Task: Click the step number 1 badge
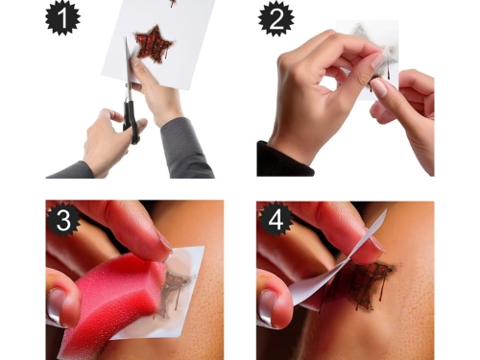(62, 17)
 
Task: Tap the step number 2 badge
(276, 18)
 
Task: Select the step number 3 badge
(63, 220)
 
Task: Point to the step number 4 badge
(276, 220)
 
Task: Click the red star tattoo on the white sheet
(154, 44)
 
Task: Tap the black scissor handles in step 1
(132, 121)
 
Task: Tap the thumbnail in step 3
(55, 306)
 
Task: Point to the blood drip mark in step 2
(388, 71)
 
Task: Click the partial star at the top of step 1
(173, 3)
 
